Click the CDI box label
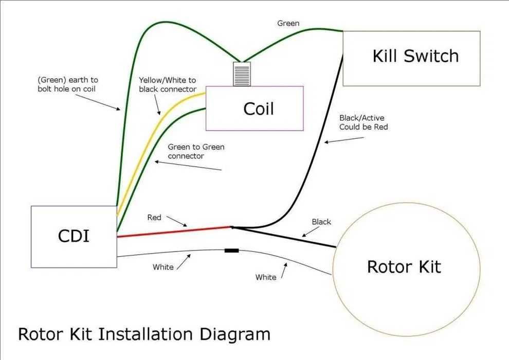[x=74, y=236]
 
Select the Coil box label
[x=258, y=109]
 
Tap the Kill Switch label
[x=415, y=56]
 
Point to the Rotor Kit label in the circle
[x=404, y=266]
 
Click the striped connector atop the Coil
[x=242, y=74]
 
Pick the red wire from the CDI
[x=175, y=232]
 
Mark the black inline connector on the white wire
[x=231, y=250]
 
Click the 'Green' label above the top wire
[x=288, y=23]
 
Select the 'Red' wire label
[x=154, y=218]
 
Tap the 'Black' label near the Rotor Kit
[x=321, y=222]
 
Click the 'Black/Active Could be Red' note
[x=363, y=122]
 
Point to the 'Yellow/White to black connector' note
[x=168, y=85]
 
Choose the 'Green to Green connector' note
[x=196, y=151]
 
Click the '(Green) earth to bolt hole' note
[x=67, y=84]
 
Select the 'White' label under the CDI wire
[x=163, y=267]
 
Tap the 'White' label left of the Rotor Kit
[x=266, y=277]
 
